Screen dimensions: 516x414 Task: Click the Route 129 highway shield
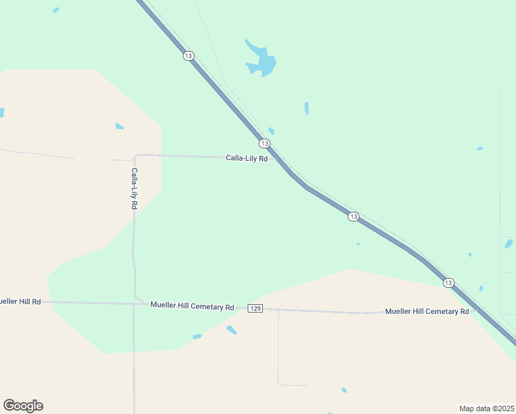coord(255,308)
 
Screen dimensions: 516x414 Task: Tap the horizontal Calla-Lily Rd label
coord(246,158)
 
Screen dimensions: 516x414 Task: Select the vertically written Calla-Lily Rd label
coord(135,188)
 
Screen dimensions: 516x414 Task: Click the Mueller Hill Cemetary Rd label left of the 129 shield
coord(192,306)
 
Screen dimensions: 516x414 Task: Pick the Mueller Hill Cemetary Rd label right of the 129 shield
coord(427,311)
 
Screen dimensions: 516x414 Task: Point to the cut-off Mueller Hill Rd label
coord(20,302)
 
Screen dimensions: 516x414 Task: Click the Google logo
coord(23,406)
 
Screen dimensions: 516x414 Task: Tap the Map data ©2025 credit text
coord(486,408)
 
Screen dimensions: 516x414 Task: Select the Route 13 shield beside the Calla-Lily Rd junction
coord(264,144)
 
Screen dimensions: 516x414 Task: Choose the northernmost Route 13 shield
coord(188,55)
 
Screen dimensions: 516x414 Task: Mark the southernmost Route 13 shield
coord(448,283)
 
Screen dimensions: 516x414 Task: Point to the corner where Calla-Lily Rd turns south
coord(137,155)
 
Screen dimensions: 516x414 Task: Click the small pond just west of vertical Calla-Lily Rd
coord(119,126)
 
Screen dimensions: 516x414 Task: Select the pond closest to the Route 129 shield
coord(232,330)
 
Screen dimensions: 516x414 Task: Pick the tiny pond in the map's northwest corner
coord(56,10)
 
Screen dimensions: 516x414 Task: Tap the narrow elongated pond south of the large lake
coord(306,108)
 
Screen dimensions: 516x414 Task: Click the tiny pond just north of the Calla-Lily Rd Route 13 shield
coord(271,130)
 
